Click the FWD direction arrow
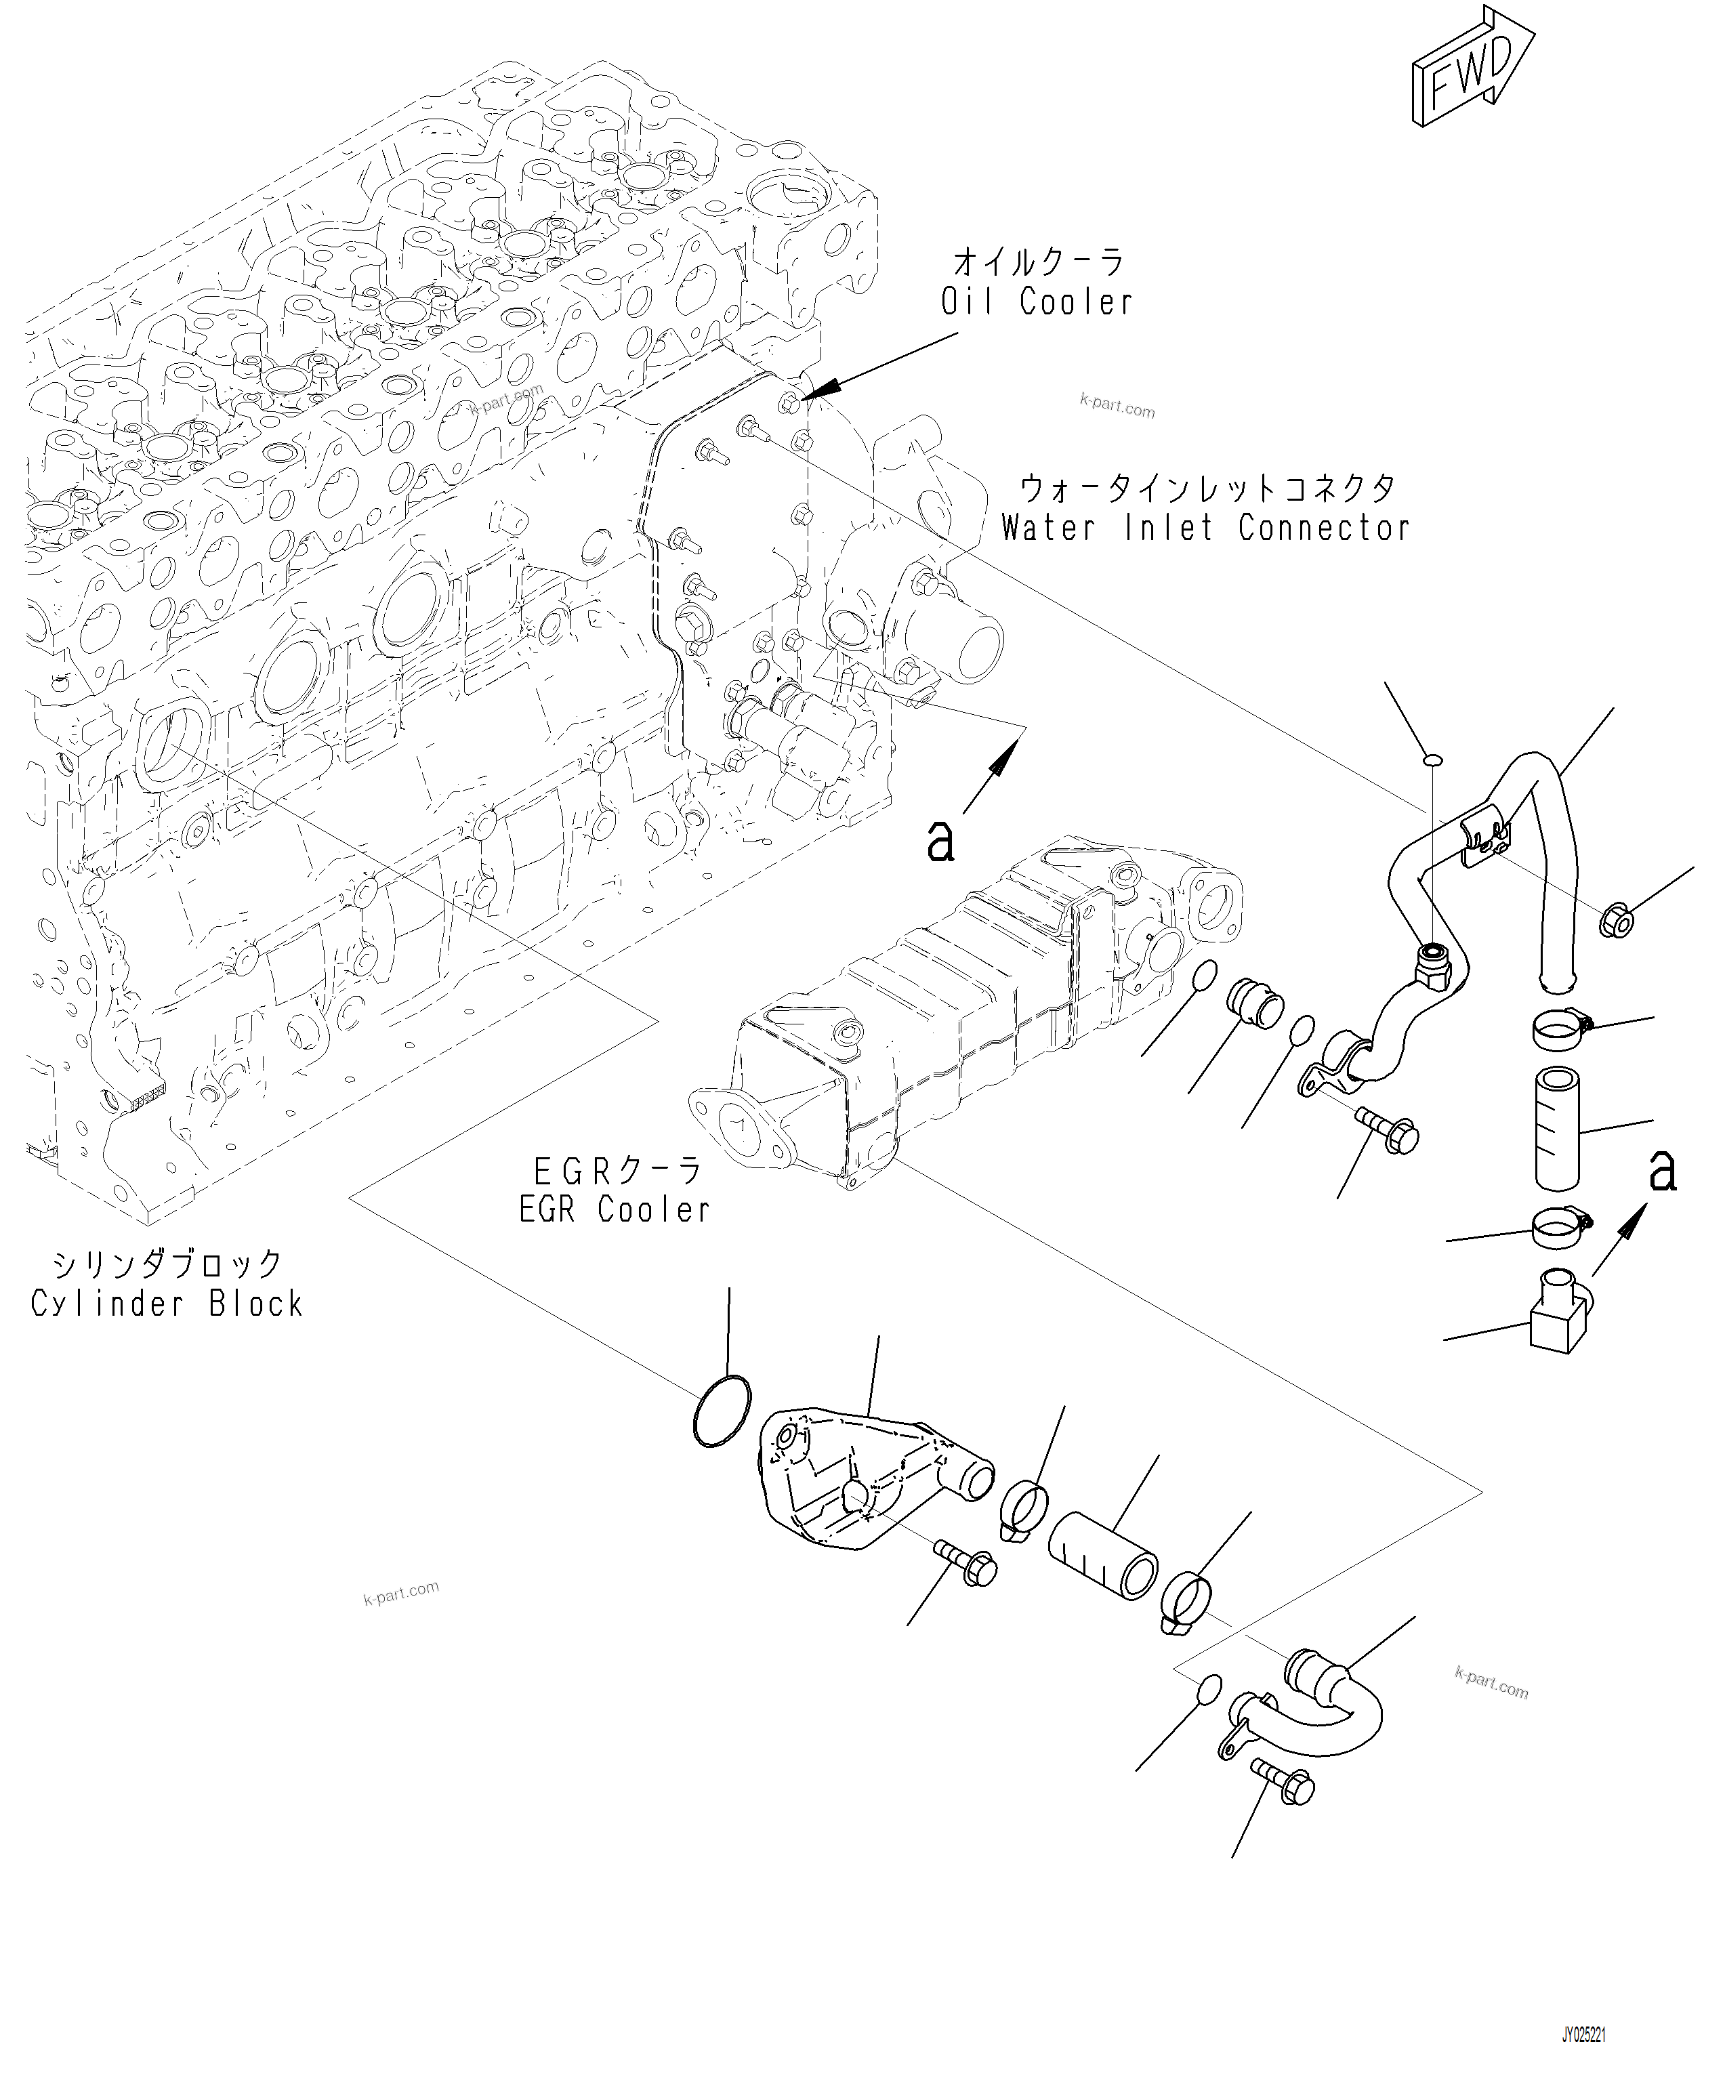1472,69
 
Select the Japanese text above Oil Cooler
1038,263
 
